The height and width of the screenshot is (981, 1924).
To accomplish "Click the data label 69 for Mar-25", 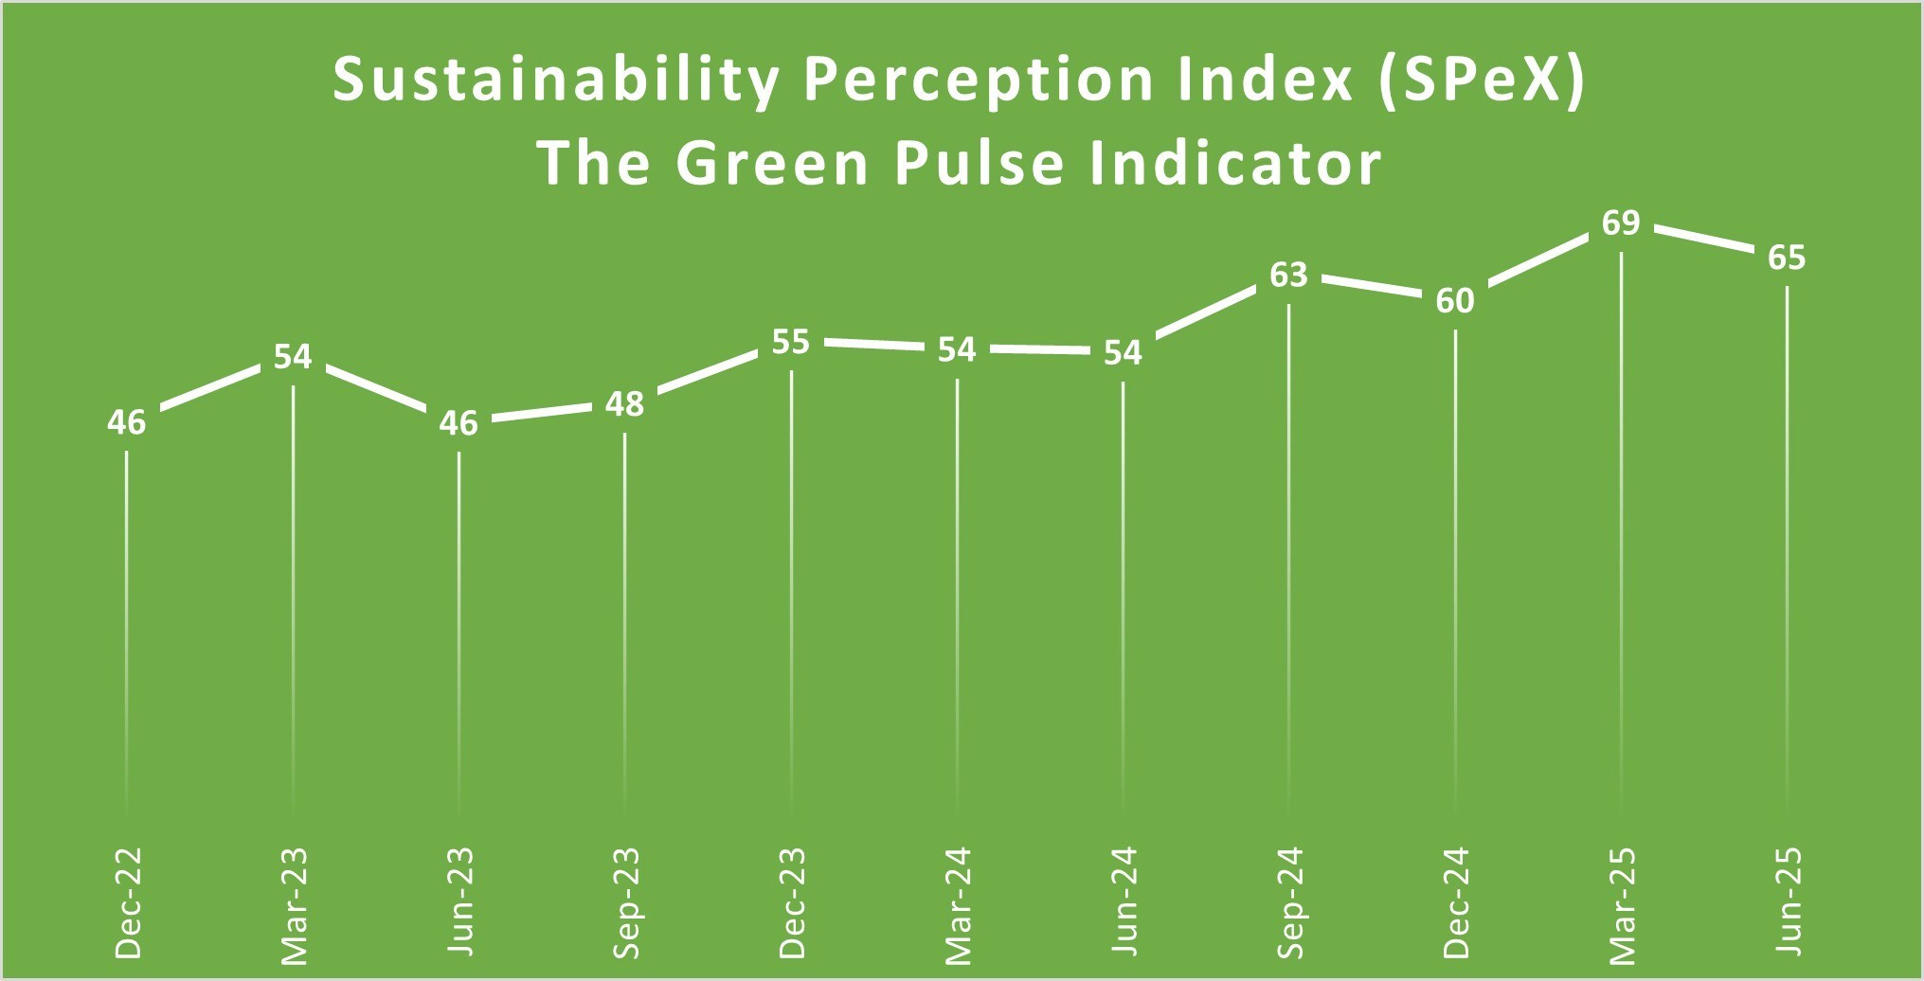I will point(1621,223).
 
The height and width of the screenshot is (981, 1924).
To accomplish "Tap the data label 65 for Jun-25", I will point(1787,258).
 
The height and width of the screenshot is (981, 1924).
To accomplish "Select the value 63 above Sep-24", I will point(1288,275).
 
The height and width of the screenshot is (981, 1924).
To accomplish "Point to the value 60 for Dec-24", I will point(1455,301).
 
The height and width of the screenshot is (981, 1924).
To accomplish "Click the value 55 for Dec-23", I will point(790,342).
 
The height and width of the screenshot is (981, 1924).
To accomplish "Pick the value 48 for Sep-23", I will point(624,404).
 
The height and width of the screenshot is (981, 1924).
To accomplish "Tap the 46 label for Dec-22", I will point(126,422).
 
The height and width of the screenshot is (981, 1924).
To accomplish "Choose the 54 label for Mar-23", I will point(293,357).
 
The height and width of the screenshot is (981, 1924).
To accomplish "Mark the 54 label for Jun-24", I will point(1123,353).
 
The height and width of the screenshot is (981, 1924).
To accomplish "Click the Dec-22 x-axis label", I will point(127,902).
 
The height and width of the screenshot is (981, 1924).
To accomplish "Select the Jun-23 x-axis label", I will point(459,902).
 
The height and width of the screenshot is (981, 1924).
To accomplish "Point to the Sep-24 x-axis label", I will point(1289,903).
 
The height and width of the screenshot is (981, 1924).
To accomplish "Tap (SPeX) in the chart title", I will point(1482,80).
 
